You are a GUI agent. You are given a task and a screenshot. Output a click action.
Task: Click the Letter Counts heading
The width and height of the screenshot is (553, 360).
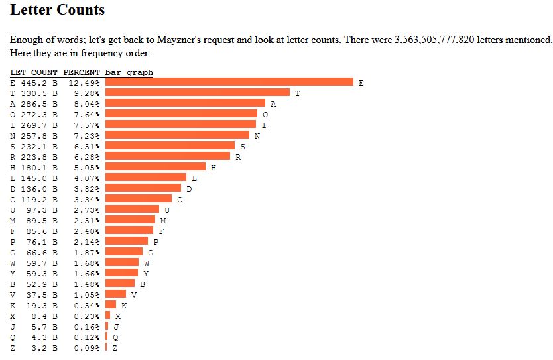pyautogui.click(x=57, y=10)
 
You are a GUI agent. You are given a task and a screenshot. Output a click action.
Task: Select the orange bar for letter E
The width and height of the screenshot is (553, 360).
pyautogui.click(x=229, y=82)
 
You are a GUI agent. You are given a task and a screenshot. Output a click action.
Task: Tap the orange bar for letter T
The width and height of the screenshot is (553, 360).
pyautogui.click(x=198, y=93)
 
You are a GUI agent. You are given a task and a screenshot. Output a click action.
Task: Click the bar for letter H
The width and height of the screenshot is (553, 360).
pyautogui.click(x=156, y=167)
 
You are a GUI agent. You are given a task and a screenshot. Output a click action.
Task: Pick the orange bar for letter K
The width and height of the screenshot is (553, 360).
pyautogui.click(x=111, y=305)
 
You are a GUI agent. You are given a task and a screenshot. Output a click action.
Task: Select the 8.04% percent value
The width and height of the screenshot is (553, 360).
pyautogui.click(x=87, y=104)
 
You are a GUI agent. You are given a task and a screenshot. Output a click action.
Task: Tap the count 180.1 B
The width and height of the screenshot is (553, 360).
pyautogui.click(x=39, y=168)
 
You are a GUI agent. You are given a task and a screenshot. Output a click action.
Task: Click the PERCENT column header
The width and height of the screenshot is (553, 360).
pyautogui.click(x=82, y=72)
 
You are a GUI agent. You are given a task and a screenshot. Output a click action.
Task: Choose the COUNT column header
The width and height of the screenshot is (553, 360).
pyautogui.click(x=44, y=72)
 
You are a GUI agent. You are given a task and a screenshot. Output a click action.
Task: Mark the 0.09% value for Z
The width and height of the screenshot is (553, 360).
pyautogui.click(x=87, y=348)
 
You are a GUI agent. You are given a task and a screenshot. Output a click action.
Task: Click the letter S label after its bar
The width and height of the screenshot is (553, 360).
pyautogui.click(x=242, y=146)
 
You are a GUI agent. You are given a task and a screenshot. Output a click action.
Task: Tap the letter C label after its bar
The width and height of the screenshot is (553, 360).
pyautogui.click(x=180, y=199)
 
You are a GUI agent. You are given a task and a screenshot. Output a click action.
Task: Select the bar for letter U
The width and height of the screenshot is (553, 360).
pyautogui.click(x=133, y=210)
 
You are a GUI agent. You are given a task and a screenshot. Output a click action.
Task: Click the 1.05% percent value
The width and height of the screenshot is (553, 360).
pyautogui.click(x=87, y=295)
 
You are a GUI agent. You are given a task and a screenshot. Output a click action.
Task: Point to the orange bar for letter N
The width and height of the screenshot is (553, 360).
pyautogui.click(x=178, y=135)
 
